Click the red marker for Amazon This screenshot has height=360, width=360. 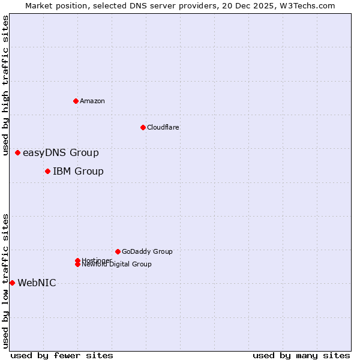point(76,101)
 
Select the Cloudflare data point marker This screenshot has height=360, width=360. point(143,127)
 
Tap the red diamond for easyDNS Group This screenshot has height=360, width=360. point(18,153)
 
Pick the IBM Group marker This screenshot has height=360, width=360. point(47,172)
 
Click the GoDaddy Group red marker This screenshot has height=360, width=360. point(118,251)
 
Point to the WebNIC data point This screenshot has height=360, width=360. point(12,283)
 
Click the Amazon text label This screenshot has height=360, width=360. point(92,101)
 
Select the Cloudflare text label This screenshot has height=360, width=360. point(163,127)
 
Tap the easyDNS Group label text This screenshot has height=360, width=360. point(61,153)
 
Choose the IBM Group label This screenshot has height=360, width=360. point(78,172)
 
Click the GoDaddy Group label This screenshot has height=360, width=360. point(147,251)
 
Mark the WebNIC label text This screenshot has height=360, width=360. point(37,283)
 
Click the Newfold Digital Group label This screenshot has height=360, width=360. point(117,264)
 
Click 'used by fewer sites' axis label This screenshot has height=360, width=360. point(62,355)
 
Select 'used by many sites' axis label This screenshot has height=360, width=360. point(301,355)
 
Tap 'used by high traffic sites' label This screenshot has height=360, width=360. point(6,85)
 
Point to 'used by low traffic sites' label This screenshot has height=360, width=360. point(6,280)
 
